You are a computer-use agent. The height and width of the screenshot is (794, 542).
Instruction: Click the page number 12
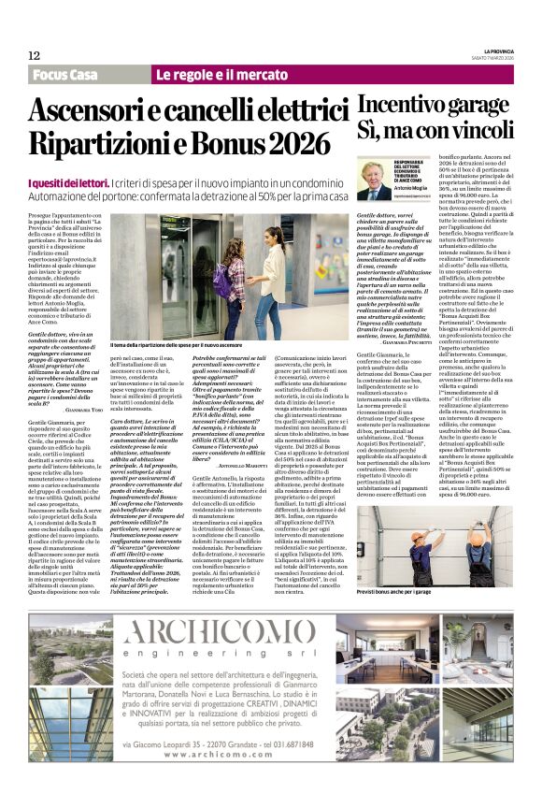(x=34, y=56)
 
